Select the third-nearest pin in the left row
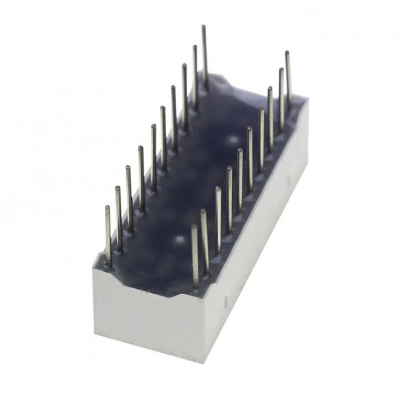coord(129,200)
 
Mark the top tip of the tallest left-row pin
coord(203,27)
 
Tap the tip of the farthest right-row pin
coord(287,52)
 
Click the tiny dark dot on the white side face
coord(225,298)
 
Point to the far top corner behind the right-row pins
coord(307,102)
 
